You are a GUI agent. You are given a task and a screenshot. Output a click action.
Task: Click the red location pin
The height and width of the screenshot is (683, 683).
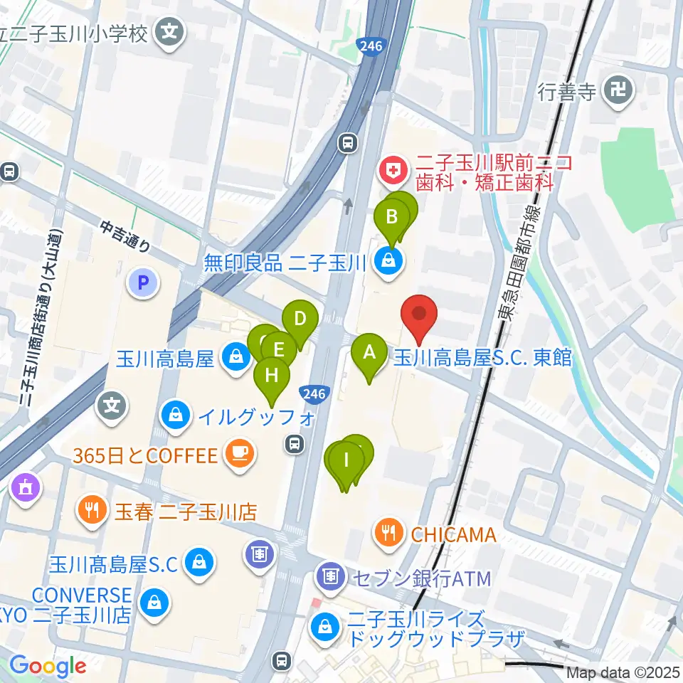419,314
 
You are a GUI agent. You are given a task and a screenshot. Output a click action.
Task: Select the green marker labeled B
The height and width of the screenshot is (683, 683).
391,216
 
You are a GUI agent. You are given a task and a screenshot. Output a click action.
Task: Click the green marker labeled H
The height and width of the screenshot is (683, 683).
272,374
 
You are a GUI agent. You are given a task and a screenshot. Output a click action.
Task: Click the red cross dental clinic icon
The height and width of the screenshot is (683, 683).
390,170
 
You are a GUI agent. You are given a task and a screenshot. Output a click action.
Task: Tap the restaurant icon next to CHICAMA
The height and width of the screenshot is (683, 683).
389,533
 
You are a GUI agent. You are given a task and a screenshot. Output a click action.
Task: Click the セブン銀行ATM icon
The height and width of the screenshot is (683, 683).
329,575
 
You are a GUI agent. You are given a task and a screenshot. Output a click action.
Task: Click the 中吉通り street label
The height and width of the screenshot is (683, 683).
125,237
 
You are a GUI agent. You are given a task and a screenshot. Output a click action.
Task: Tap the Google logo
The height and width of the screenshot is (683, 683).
48,666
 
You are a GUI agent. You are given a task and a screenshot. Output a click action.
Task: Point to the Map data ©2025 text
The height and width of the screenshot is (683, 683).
623,672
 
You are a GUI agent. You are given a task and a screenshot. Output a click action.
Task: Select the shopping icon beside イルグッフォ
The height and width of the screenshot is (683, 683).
175,413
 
